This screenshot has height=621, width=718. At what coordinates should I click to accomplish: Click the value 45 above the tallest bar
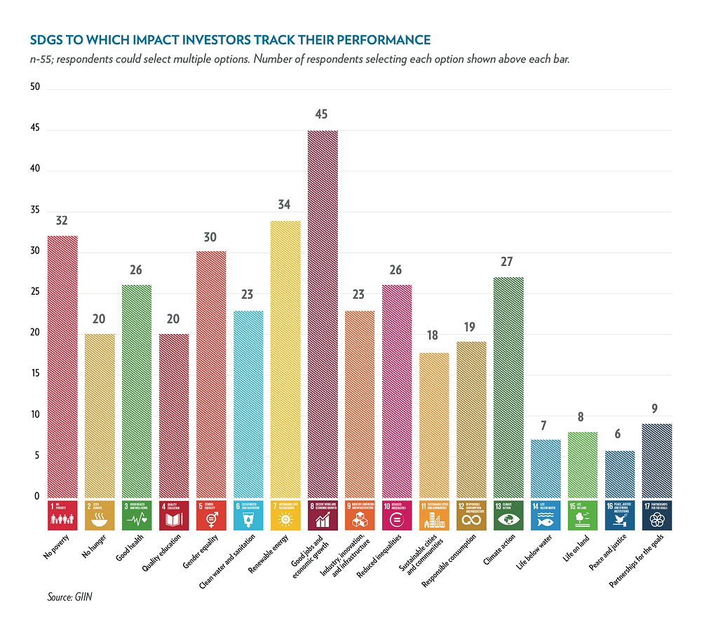pyautogui.click(x=322, y=114)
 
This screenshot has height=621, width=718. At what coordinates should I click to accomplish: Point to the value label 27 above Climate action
pyautogui.click(x=508, y=262)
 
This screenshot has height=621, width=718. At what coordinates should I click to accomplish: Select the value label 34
pyautogui.click(x=285, y=205)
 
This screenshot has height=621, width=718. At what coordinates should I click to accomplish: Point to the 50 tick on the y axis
pyautogui.click(x=35, y=88)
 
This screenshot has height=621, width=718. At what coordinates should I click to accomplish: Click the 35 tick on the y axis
pyautogui.click(x=35, y=211)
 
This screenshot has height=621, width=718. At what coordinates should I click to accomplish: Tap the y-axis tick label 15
pyautogui.click(x=35, y=375)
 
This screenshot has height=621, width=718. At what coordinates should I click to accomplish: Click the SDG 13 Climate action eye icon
pyautogui.click(x=508, y=520)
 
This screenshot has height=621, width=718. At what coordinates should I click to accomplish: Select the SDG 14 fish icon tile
pyautogui.click(x=546, y=515)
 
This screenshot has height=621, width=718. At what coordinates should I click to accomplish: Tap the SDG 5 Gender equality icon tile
pyautogui.click(x=211, y=515)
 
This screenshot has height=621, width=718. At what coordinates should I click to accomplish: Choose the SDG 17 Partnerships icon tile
pyautogui.click(x=657, y=515)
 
